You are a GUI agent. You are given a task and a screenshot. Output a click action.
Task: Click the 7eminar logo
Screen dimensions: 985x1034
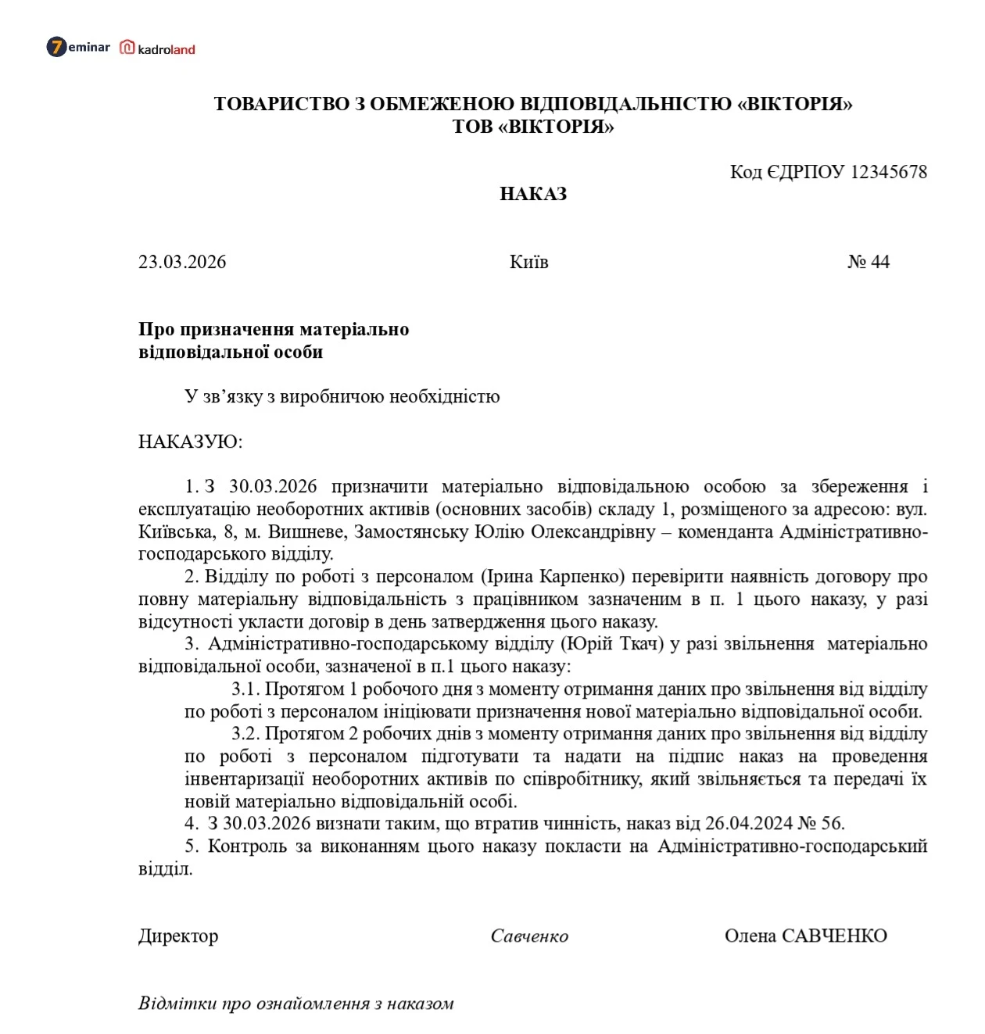pyautogui.click(x=78, y=48)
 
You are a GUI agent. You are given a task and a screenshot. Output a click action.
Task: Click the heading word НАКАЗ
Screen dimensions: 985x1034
pyautogui.click(x=533, y=194)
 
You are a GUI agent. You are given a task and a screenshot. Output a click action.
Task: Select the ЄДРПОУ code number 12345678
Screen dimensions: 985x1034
pyautogui.click(x=888, y=172)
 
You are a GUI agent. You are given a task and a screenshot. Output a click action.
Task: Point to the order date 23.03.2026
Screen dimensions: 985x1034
pyautogui.click(x=182, y=262)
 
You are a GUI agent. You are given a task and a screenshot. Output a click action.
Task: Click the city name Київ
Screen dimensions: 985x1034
pyautogui.click(x=528, y=262)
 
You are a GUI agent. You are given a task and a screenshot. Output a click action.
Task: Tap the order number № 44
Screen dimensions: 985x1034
pyautogui.click(x=868, y=262)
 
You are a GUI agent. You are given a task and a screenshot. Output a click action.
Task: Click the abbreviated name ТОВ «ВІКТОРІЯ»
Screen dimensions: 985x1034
pyautogui.click(x=533, y=127)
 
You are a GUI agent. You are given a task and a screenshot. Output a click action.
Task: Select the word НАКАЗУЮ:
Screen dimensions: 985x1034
pyautogui.click(x=190, y=442)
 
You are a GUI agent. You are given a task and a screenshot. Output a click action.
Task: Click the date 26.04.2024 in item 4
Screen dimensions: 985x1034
pyautogui.click(x=748, y=823)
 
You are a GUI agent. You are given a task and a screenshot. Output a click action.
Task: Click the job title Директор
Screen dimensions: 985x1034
pyautogui.click(x=178, y=936)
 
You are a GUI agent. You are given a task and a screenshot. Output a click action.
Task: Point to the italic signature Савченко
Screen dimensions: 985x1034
pyautogui.click(x=529, y=936)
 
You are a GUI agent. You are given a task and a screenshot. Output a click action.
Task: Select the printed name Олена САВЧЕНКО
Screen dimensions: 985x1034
pyautogui.click(x=805, y=936)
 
